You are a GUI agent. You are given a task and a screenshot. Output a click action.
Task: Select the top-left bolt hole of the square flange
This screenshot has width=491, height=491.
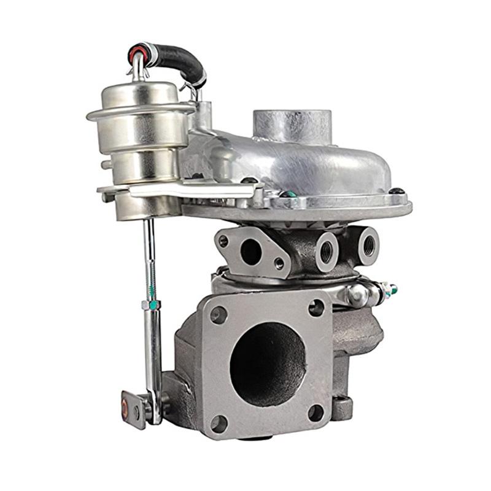[x=218, y=315]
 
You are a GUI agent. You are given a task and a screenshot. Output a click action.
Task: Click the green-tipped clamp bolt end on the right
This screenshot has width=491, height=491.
[x=393, y=289]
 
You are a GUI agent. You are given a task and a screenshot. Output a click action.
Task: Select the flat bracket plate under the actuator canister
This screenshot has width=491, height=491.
[x=184, y=190]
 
